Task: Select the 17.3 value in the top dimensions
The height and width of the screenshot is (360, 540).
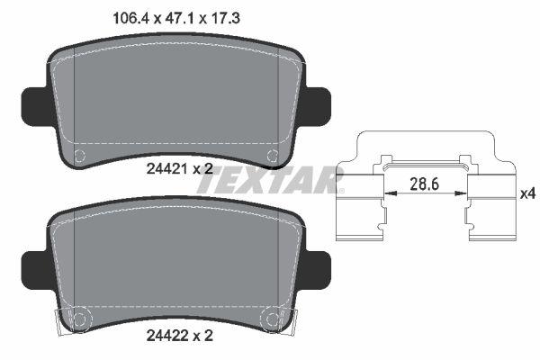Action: (x=227, y=16)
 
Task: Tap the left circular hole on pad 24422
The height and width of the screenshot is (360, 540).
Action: (x=79, y=319)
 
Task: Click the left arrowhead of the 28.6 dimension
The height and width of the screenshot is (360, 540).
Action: (x=389, y=192)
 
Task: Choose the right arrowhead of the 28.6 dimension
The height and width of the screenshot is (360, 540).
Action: (x=463, y=192)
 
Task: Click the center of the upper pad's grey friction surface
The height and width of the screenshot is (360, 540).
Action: (x=175, y=99)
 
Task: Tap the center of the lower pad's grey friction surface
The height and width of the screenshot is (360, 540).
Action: (x=175, y=265)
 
